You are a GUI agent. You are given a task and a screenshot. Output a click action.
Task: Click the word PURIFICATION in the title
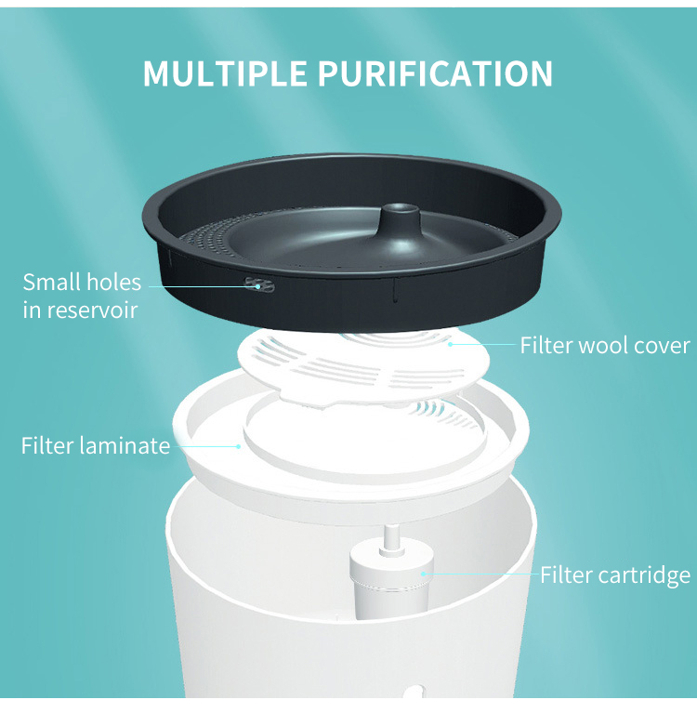click(x=435, y=73)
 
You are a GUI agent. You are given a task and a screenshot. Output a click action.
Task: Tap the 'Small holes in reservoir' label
click(x=82, y=296)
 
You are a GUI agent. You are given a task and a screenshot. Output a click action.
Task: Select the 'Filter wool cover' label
click(x=605, y=345)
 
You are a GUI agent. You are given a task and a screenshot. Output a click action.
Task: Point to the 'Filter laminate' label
click(x=96, y=445)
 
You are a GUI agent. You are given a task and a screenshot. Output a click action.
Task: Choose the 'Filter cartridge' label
click(x=615, y=575)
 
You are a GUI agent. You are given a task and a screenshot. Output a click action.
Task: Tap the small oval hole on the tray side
click(x=259, y=285)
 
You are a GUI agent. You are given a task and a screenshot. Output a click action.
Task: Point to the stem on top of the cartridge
click(x=391, y=540)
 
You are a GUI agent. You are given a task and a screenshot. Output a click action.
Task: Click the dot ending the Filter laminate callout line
click(x=238, y=446)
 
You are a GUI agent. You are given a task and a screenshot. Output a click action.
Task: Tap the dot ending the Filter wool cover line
click(x=450, y=344)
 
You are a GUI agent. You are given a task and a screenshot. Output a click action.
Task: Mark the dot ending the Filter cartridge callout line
click(x=423, y=574)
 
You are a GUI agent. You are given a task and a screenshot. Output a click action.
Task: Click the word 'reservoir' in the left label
click(x=93, y=310)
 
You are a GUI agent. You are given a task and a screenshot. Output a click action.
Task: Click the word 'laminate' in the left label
click(x=125, y=445)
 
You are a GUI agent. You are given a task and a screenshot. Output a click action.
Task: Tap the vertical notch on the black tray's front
click(x=395, y=290)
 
